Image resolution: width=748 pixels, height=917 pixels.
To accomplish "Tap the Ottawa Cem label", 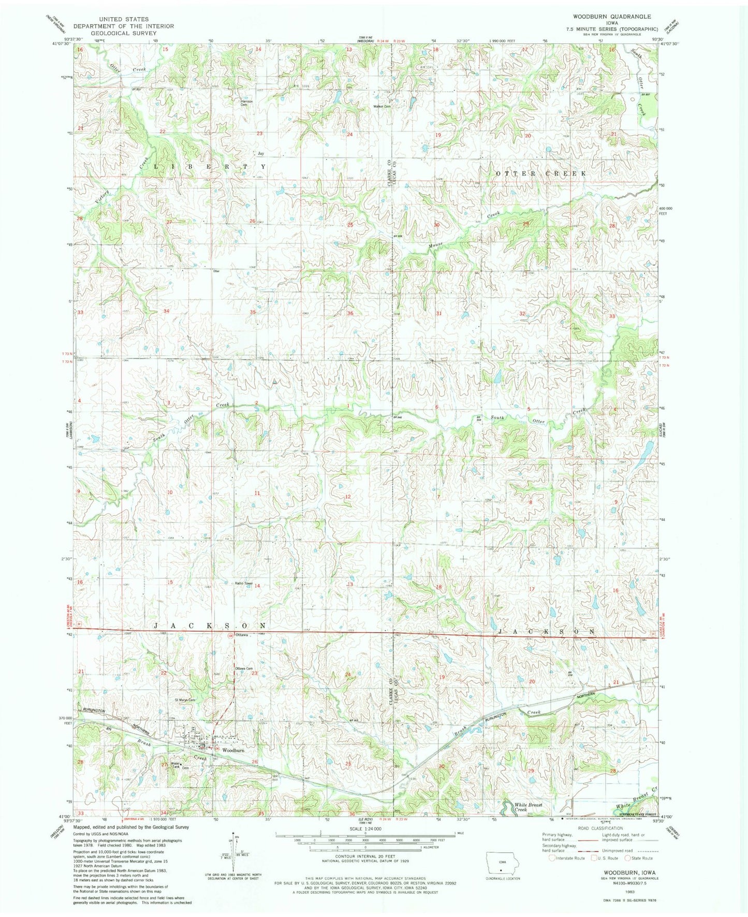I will tap(244, 668).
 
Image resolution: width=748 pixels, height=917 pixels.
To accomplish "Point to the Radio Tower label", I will tap(243, 584).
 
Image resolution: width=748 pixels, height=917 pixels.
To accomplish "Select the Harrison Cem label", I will tap(246, 103).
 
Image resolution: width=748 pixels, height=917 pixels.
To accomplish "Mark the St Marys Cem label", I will tap(185, 700).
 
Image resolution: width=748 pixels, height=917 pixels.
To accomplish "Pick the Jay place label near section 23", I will tap(261, 153).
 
